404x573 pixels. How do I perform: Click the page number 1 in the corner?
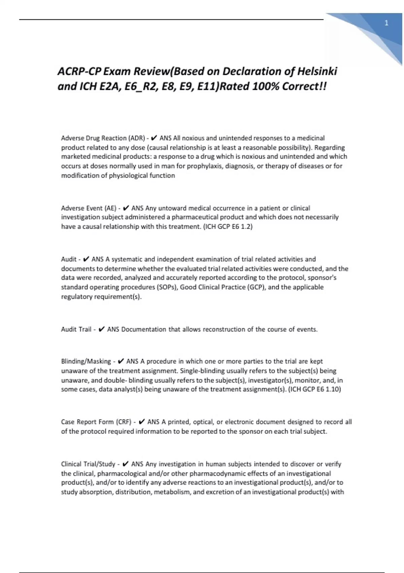point(386,23)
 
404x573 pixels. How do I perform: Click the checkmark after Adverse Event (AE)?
point(127,208)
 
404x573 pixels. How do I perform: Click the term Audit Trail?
point(76,329)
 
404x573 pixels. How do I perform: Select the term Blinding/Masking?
point(86,361)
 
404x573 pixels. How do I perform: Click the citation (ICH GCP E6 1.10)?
point(315,389)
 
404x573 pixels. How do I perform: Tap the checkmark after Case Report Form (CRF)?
point(142,422)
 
